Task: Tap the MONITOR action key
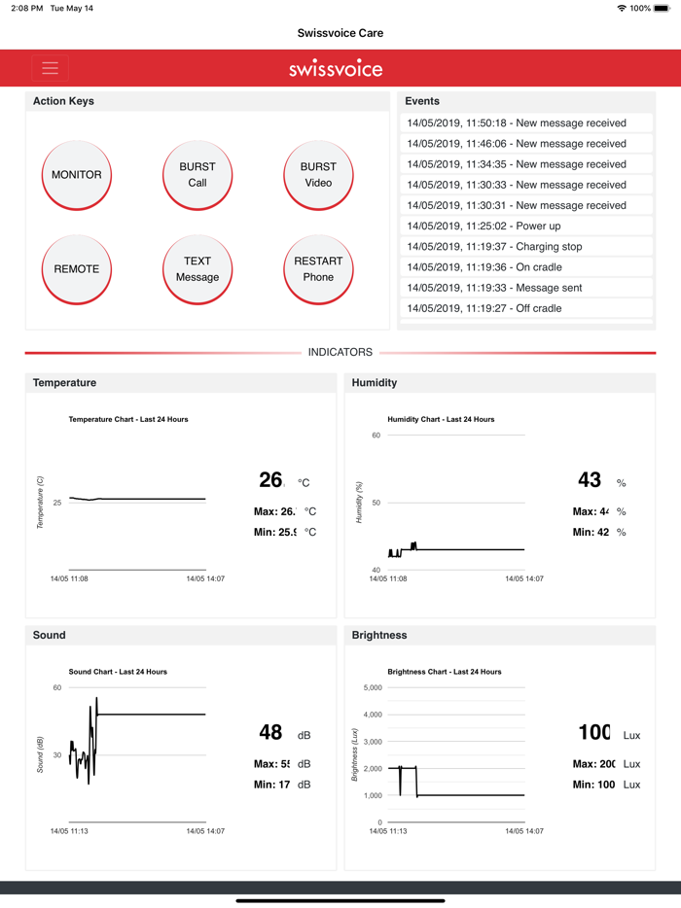(77, 175)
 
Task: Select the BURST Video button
(318, 175)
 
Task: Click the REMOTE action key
(77, 269)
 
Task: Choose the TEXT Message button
(197, 269)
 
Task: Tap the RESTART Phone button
(318, 269)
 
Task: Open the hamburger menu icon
(50, 68)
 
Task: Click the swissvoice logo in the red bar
(336, 68)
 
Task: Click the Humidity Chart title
(441, 419)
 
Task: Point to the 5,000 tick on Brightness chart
(372, 688)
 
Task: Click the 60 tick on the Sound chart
(57, 688)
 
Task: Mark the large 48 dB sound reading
(270, 733)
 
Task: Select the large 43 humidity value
(590, 480)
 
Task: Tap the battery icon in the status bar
(663, 8)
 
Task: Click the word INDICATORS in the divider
(340, 352)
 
